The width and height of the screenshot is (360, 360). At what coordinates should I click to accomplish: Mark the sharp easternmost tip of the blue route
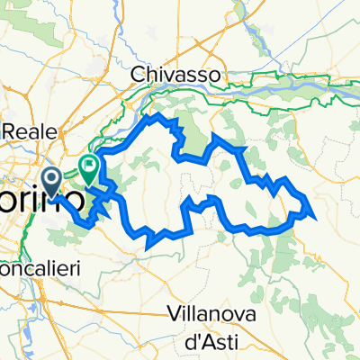(311, 214)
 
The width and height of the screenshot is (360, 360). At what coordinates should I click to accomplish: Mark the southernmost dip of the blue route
(145, 241)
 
